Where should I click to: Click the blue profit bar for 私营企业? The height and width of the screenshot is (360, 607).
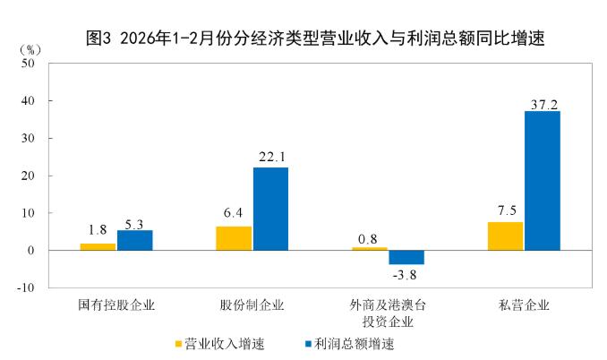coord(543,180)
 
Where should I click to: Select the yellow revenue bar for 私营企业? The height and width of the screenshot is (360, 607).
coord(505,236)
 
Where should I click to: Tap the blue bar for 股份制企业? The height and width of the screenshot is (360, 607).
coord(270,209)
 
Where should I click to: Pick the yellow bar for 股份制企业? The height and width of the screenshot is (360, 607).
coord(233,238)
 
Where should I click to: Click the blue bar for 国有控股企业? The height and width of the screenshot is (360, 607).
coord(134,240)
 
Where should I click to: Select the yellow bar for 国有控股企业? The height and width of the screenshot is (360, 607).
coord(98,246)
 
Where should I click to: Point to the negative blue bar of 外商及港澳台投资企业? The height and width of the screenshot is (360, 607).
coord(406,257)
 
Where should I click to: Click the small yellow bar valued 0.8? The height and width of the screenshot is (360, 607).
coord(370,248)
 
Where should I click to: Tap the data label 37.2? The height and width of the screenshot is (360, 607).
coord(543,104)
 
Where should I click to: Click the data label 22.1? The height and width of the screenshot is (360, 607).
coord(270,159)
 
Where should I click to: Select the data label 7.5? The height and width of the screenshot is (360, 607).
coord(505,213)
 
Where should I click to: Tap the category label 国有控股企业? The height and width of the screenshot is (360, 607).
coord(116,304)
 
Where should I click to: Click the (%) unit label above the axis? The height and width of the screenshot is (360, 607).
coord(29,47)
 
